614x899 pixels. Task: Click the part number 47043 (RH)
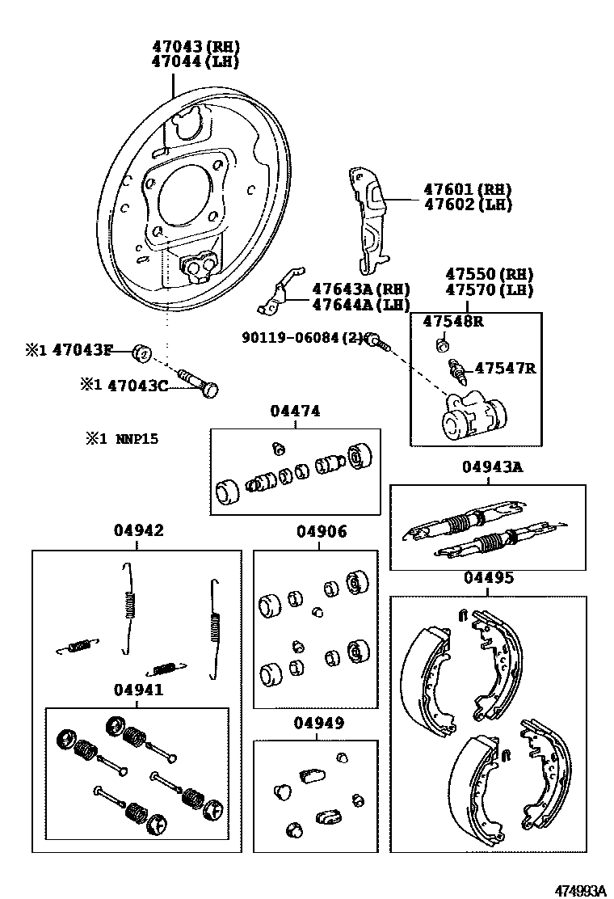(196, 47)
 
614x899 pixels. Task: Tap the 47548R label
(453, 321)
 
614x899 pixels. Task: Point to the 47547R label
(505, 369)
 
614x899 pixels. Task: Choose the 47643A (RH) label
(350, 289)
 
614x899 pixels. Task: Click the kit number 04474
(295, 412)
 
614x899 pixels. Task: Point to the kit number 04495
(488, 578)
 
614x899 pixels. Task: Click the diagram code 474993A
(579, 890)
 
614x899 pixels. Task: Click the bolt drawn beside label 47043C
(202, 382)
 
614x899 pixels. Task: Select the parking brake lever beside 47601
(368, 218)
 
